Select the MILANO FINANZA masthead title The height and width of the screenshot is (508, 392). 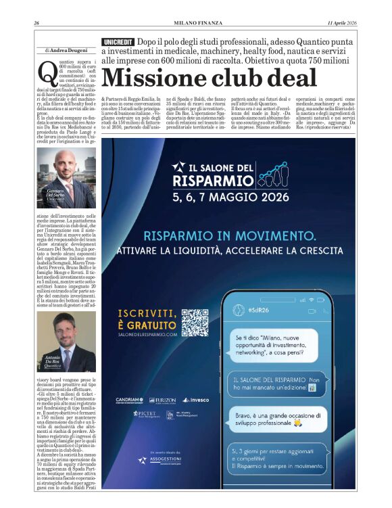[x=195, y=22]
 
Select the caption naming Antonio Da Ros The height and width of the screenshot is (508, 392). [x=53, y=359]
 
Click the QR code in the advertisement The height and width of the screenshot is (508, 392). [x=195, y=323]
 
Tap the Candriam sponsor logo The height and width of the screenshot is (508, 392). [x=128, y=400]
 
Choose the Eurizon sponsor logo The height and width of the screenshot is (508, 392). [x=162, y=400]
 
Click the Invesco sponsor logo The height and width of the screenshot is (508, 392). [x=194, y=400]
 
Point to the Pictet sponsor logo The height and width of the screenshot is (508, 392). [x=145, y=413]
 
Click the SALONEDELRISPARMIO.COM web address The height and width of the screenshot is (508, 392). [x=147, y=334]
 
